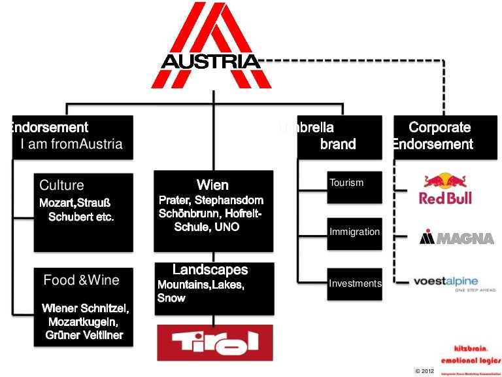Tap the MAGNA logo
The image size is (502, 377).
(456, 237)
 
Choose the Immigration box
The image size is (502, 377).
(354, 232)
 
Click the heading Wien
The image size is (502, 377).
(212, 185)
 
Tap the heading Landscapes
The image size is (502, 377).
(210, 270)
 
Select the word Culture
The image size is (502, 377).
(62, 185)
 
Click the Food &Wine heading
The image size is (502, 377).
(81, 280)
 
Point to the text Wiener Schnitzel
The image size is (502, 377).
(86, 308)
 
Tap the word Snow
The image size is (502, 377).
(171, 298)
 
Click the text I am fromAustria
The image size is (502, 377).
(72, 144)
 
